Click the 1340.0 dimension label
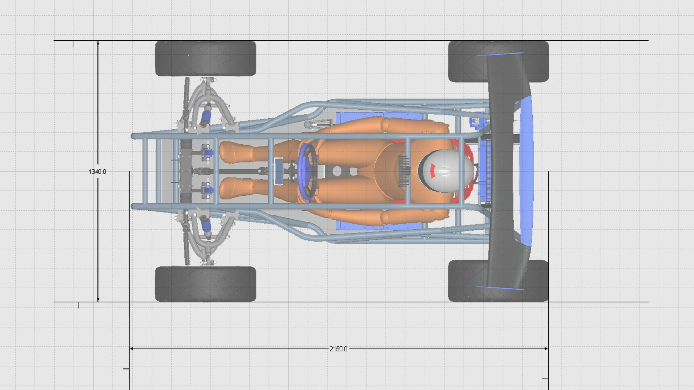click(97, 172)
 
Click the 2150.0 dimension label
click(338, 349)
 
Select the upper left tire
click(205, 58)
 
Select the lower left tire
click(205, 284)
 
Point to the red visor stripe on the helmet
click(433, 171)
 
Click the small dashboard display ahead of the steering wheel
click(279, 171)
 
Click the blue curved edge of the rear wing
click(527, 169)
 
